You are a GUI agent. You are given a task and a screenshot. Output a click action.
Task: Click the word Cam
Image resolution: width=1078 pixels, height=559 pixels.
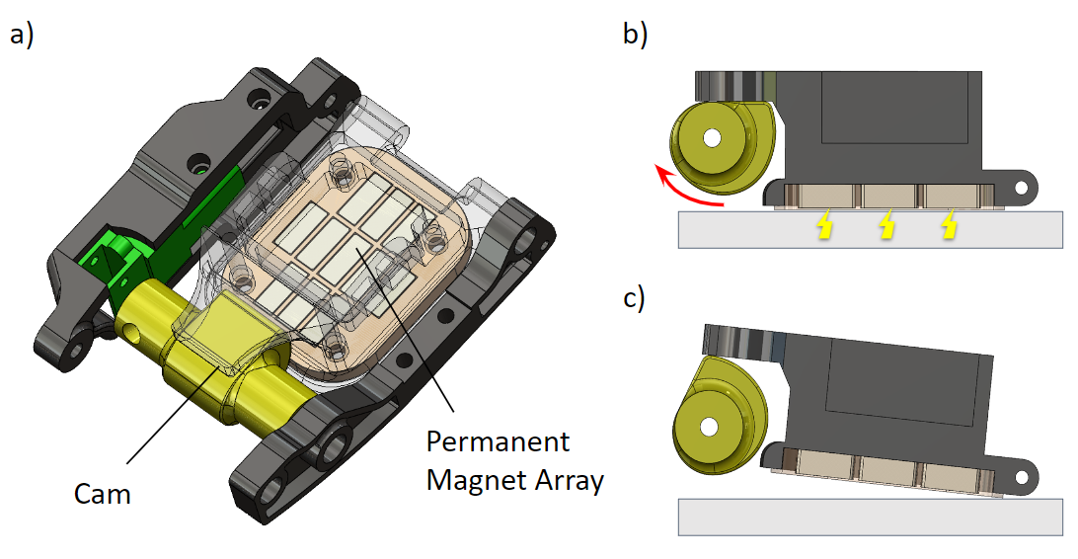point(104,494)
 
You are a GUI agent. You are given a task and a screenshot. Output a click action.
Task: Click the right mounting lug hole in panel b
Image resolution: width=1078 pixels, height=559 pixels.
point(1025,184)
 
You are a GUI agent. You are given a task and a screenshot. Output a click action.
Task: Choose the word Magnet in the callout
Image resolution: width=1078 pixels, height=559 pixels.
point(470,482)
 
